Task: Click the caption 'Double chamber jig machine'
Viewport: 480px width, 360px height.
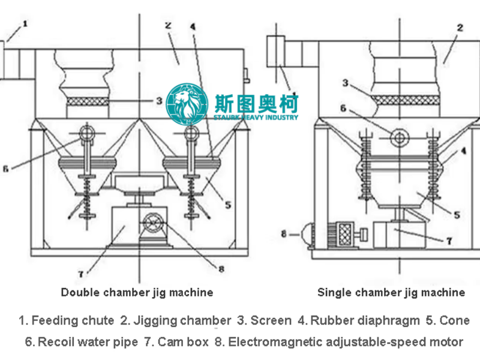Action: (137, 293)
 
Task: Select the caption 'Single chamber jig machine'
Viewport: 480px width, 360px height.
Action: (391, 293)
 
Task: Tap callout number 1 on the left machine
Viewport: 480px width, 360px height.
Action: (25, 24)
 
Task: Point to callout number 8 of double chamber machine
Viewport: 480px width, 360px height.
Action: (221, 269)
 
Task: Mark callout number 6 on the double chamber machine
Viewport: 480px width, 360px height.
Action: (5, 169)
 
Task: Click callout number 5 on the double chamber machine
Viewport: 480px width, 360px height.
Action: (229, 205)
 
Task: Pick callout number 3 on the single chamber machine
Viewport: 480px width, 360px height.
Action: (346, 82)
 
